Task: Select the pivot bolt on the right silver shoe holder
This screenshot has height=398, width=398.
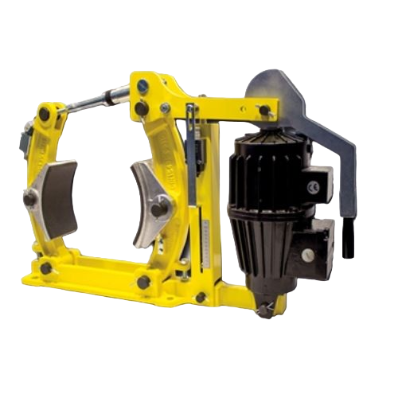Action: click(x=164, y=209)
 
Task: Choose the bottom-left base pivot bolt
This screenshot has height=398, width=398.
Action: click(x=45, y=269)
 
